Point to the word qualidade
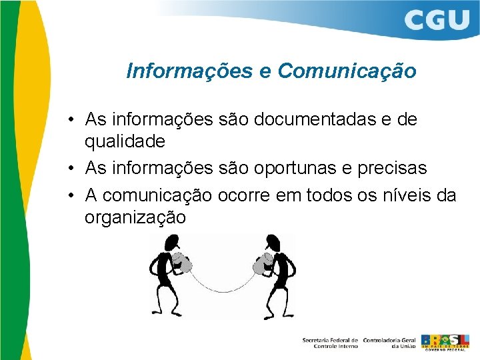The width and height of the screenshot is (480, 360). (125, 142)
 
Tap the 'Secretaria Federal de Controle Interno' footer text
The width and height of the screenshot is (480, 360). (330, 342)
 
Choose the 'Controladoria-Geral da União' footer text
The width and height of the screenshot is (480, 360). (389, 342)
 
